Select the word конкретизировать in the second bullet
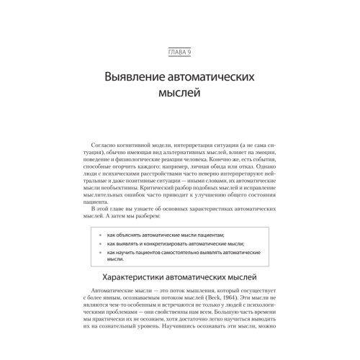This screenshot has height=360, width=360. [x=168, y=245]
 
